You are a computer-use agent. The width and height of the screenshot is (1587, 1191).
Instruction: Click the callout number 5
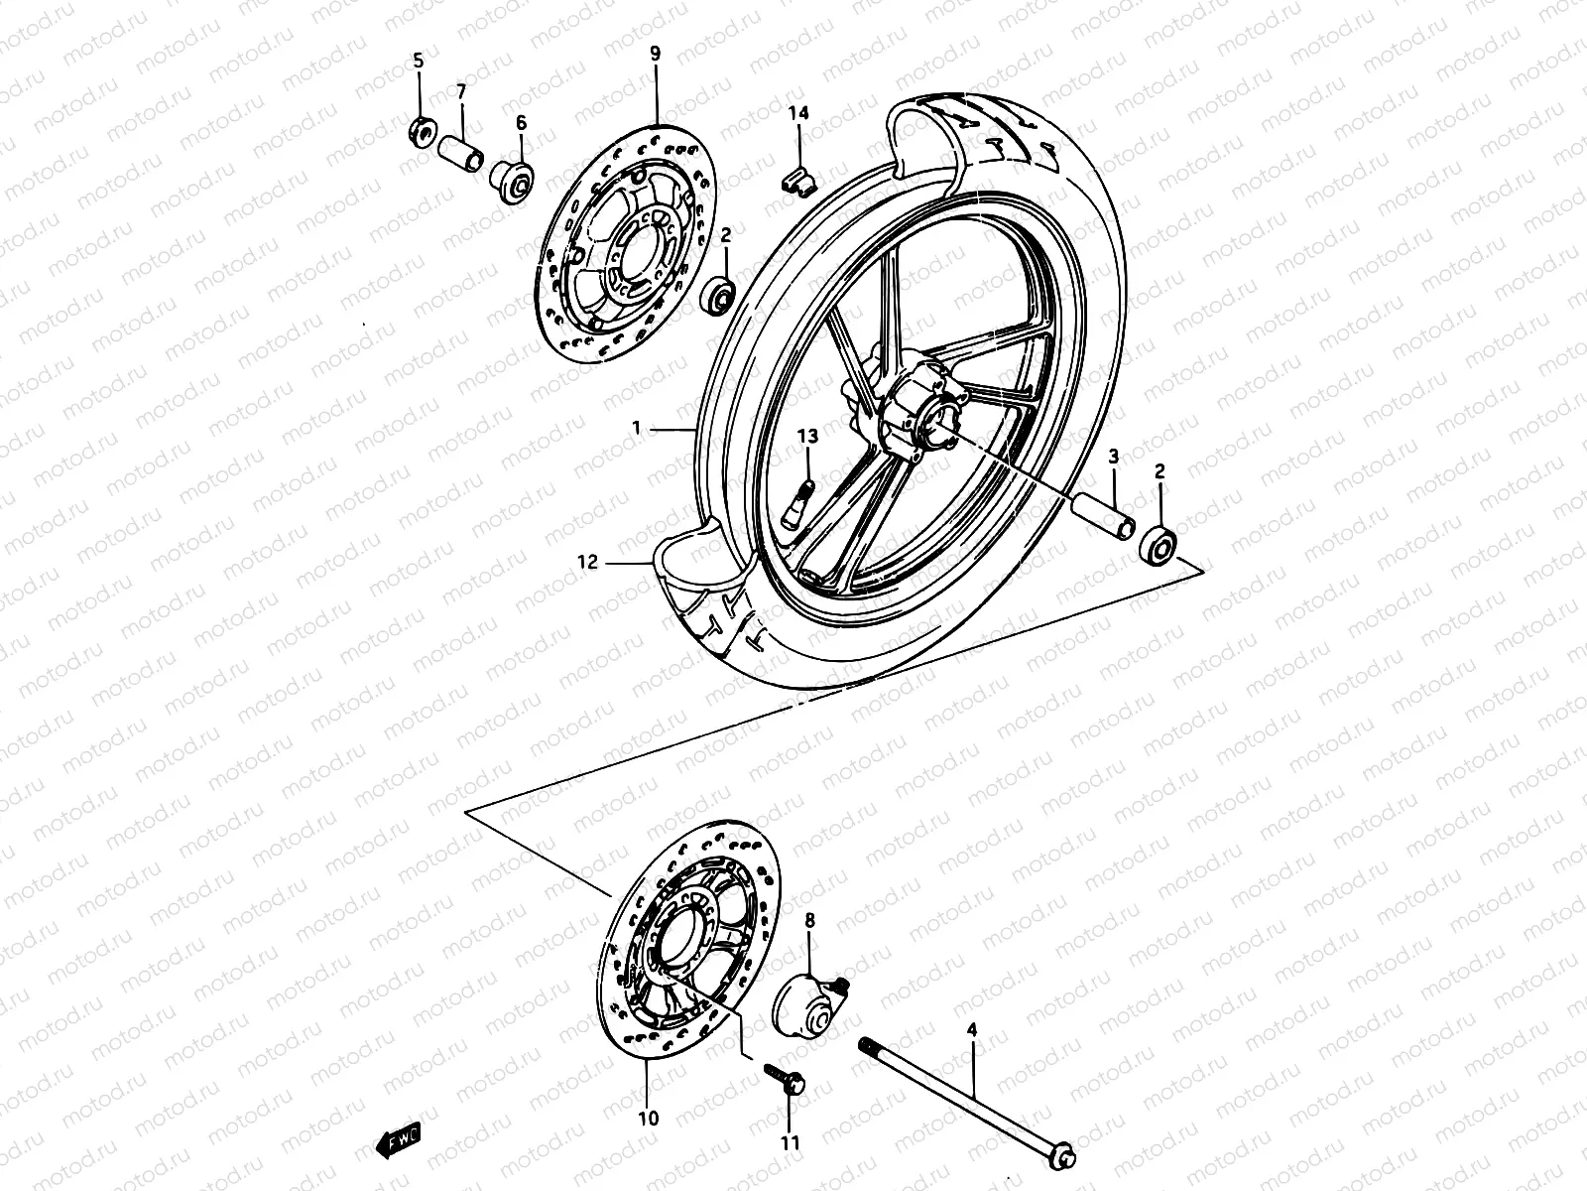tap(418, 62)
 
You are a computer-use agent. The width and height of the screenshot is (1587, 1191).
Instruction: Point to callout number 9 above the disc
tap(655, 54)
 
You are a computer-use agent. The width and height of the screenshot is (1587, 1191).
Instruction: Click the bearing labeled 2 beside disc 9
tap(718, 294)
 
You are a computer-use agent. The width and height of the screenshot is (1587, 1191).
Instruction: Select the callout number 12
tap(588, 563)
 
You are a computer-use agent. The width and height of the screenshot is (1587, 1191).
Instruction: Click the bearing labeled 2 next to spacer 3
tap(1158, 545)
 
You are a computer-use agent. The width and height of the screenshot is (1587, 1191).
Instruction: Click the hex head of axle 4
tap(1064, 1155)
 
